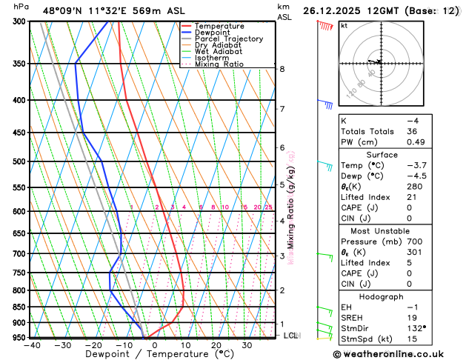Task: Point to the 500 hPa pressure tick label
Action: click(x=17, y=161)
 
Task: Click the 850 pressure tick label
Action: click(x=17, y=307)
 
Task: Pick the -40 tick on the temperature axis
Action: click(x=31, y=345)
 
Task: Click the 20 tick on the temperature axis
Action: click(x=216, y=345)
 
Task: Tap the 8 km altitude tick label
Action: click(x=282, y=69)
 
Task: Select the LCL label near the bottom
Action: click(x=291, y=336)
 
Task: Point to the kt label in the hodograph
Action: click(x=344, y=25)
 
